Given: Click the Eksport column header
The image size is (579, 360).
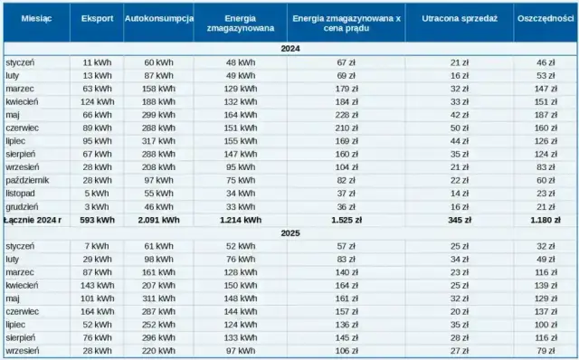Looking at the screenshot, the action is click(97, 19).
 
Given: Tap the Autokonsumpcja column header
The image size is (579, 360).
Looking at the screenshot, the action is click(158, 19).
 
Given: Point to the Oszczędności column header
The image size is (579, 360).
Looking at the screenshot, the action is click(546, 19).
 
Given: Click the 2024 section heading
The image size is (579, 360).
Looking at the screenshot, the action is click(289, 49).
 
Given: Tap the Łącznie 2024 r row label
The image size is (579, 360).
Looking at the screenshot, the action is click(33, 220).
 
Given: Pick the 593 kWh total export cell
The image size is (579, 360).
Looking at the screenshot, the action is click(97, 220).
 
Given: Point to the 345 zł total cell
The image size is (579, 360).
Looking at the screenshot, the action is click(460, 220).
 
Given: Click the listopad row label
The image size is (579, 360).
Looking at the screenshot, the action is click(21, 194).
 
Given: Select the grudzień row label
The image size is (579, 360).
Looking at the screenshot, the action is click(21, 206).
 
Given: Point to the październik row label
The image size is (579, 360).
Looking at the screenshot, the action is click(26, 180).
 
